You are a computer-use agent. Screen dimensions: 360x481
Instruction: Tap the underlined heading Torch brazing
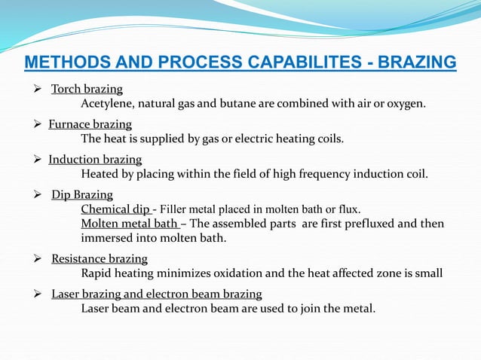pyautogui.click(x=87, y=90)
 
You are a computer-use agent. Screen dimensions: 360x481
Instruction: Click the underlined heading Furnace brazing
pyautogui.click(x=90, y=124)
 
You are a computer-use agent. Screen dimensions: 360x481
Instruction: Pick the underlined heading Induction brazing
pyautogui.click(x=95, y=160)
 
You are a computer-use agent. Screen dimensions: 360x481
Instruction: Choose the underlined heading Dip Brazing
pyautogui.click(x=82, y=195)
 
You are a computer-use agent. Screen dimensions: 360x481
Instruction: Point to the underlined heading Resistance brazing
pyautogui.click(x=100, y=259)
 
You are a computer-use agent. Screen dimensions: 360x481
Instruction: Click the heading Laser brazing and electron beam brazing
pyautogui.click(x=157, y=294)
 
